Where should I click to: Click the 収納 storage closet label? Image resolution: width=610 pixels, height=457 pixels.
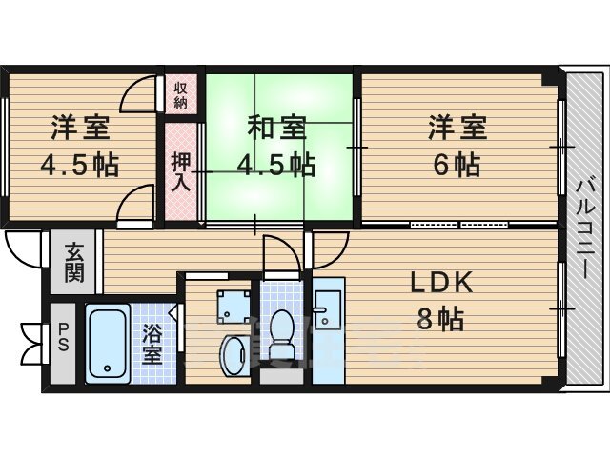click(180, 95)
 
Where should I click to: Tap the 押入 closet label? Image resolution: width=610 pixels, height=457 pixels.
click(182, 171)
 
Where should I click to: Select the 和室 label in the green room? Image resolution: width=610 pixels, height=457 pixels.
click(277, 129)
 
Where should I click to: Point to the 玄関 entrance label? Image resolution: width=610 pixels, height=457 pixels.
click(74, 263)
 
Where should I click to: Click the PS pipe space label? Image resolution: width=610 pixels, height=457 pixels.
click(63, 337)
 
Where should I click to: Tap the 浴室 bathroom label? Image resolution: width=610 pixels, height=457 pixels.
click(152, 344)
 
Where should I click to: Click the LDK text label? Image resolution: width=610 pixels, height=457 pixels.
click(441, 283)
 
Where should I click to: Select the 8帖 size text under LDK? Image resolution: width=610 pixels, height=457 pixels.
click(440, 319)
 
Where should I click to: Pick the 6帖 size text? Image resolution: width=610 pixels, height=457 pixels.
click(457, 165)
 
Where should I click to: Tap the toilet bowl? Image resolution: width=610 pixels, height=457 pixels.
click(281, 334)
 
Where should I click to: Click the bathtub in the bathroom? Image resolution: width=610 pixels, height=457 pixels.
click(108, 344)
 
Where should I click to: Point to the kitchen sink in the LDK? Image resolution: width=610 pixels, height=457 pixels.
click(328, 309)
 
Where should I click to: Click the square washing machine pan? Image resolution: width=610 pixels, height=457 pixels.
click(234, 307)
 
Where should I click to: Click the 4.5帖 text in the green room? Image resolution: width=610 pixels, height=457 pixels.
click(276, 165)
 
